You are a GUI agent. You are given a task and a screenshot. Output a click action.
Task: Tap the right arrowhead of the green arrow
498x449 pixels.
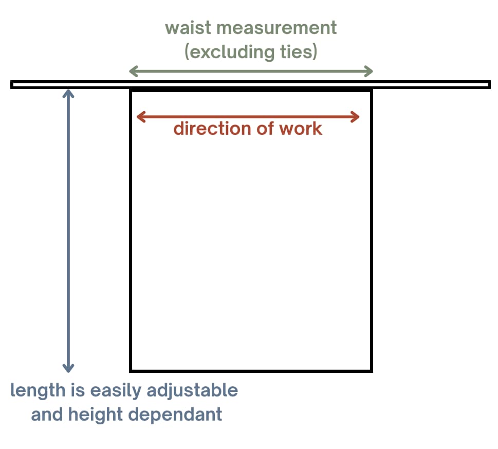pyautogui.click(x=370, y=71)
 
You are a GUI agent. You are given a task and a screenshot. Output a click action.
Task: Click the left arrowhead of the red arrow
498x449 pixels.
pyautogui.click(x=139, y=117)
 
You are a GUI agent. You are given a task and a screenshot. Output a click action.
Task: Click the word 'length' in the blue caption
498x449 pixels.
pyautogui.click(x=34, y=390)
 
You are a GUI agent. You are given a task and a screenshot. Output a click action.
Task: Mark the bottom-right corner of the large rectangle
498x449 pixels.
pyautogui.click(x=371, y=370)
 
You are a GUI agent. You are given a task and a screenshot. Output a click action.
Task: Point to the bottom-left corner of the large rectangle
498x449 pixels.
pyautogui.click(x=131, y=370)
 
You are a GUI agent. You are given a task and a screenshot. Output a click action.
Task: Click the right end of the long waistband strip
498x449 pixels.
pyautogui.click(x=489, y=84)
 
